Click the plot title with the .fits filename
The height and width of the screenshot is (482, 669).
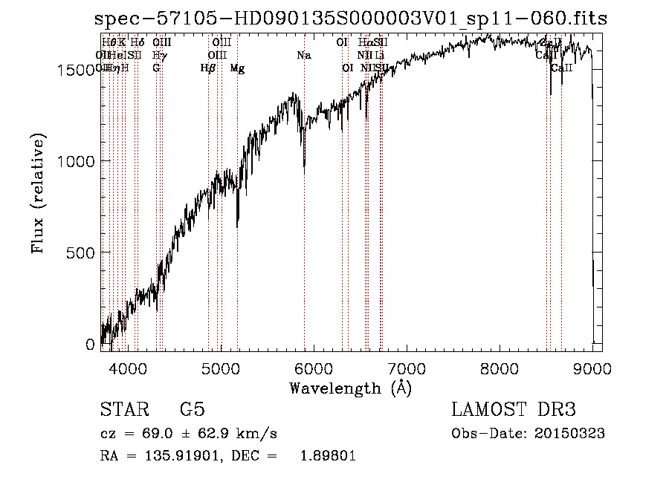pos(352,19)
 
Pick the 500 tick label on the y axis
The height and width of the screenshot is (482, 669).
pos(83,253)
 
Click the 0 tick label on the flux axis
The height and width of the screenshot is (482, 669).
pos(91,345)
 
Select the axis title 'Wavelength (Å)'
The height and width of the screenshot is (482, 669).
pos(350,388)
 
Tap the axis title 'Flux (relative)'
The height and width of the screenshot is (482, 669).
pos(38,193)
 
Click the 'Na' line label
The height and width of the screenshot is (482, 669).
pos(304,56)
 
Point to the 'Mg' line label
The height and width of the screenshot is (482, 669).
pos(237,68)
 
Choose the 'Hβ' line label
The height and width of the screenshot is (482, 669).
pos(208,68)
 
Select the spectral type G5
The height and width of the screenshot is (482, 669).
pos(193,410)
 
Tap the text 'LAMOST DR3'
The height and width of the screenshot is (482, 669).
pos(514,410)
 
